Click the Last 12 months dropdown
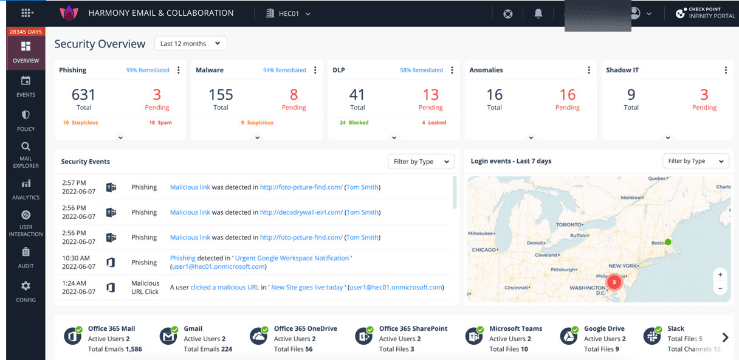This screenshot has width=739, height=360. click(191, 44)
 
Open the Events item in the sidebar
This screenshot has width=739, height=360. click(26, 86)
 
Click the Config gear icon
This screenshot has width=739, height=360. click(26, 286)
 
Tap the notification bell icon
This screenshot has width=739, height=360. click(538, 14)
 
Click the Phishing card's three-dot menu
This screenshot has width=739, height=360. click(179, 70)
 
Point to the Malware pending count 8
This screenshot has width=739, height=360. click(294, 95)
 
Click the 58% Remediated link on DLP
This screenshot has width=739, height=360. click(421, 70)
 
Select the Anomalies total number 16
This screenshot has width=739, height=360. click(494, 95)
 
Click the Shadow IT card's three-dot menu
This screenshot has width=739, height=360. click(726, 70)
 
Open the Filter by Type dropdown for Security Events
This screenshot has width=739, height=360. click(421, 161)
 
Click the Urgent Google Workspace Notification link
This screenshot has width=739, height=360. click(292, 258)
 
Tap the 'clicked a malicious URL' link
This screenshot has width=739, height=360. click(225, 288)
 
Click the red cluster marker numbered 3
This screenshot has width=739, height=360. click(614, 282)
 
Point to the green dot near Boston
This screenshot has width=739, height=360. click(668, 242)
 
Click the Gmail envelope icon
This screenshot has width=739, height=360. click(168, 336)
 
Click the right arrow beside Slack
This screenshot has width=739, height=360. click(725, 337)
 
